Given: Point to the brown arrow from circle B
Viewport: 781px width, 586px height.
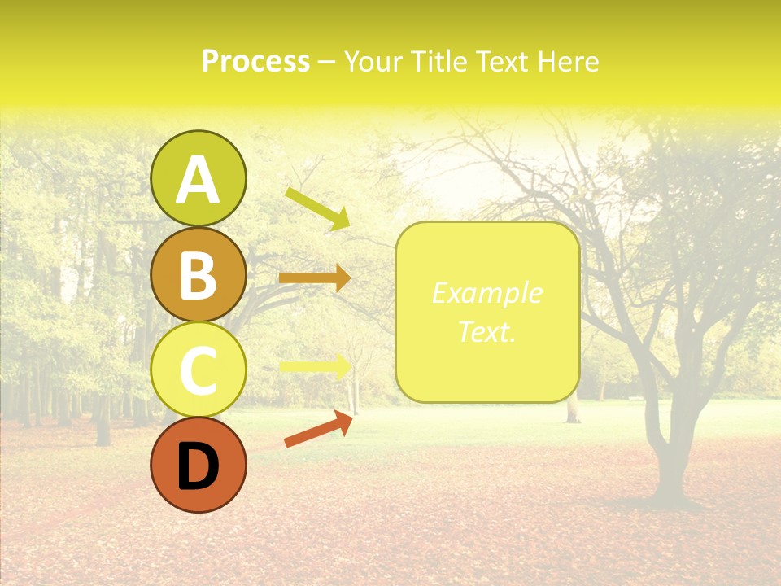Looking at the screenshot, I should point(314,278).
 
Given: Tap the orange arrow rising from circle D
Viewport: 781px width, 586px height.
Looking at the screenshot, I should point(318,430).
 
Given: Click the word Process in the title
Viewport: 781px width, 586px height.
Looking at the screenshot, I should point(255,61).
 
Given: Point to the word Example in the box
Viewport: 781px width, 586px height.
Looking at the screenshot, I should point(486,293).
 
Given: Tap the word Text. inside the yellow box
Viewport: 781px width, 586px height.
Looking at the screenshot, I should point(486,331).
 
